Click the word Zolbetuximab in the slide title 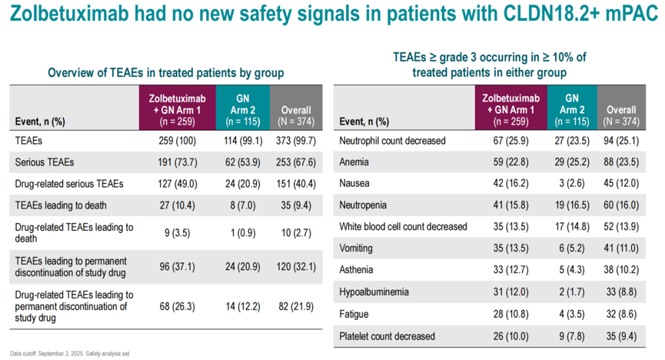[69, 13]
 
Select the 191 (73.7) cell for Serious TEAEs [178, 162]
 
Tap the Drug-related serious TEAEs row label [69, 184]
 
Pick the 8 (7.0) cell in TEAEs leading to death [243, 205]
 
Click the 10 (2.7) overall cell [296, 233]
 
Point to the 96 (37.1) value [178, 267]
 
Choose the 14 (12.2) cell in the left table [243, 306]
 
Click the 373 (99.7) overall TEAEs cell [296, 141]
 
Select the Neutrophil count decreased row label [392, 141]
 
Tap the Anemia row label [354, 162]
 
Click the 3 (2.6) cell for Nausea [572, 183]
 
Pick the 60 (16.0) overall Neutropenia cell [621, 205]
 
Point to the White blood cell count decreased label [403, 227]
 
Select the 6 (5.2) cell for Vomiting [572, 248]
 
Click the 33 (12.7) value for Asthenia [510, 270]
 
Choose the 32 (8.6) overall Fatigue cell [621, 314]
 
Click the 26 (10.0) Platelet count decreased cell [510, 336]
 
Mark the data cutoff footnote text [70, 354]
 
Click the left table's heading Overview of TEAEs [165, 72]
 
